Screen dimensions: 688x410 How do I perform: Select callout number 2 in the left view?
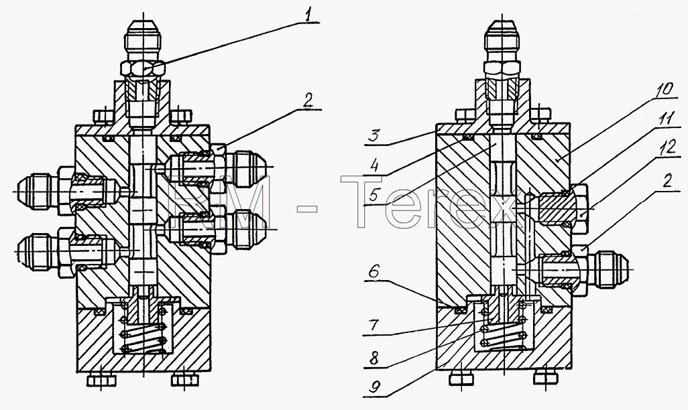[x=308, y=101]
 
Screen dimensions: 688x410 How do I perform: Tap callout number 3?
[x=373, y=135]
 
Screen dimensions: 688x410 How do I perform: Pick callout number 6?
[x=373, y=272]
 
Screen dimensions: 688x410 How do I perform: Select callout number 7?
[x=373, y=326]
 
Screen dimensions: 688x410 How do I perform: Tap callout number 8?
[x=374, y=357]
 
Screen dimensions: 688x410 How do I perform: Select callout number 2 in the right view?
[x=667, y=181]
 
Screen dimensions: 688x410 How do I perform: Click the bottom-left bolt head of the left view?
[x=100, y=379]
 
